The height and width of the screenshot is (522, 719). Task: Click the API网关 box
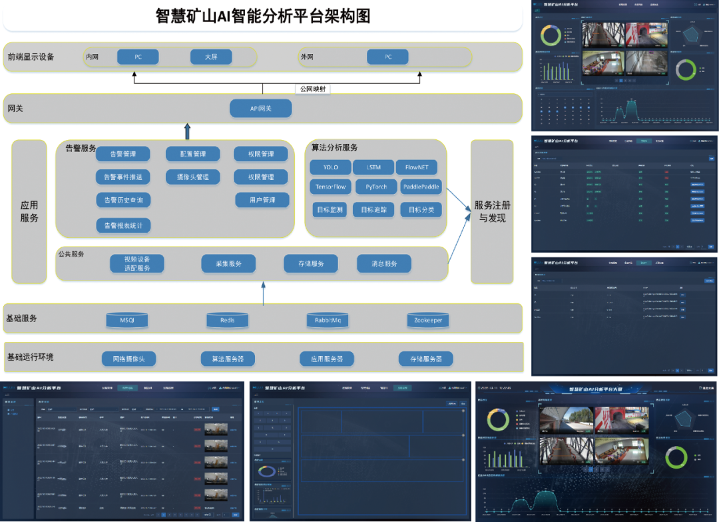(x=260, y=108)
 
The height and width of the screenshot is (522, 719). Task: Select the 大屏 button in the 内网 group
(x=210, y=57)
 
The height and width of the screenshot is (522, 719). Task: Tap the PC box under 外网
(x=387, y=57)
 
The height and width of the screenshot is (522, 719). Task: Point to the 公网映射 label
(x=312, y=89)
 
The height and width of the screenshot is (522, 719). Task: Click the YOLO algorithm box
(x=331, y=167)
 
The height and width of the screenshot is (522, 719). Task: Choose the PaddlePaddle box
(x=421, y=187)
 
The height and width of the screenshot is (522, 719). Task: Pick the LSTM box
(x=373, y=167)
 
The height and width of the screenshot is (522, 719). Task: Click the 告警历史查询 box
(x=123, y=200)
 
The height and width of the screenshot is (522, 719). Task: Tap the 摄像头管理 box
(x=192, y=177)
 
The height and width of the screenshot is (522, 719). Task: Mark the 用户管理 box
(x=262, y=200)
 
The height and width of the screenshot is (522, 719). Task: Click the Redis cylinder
(x=227, y=321)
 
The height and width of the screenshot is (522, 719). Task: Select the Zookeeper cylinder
(x=428, y=321)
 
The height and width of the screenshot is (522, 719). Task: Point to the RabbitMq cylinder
(x=327, y=321)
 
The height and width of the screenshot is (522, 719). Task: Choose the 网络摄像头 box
(x=128, y=359)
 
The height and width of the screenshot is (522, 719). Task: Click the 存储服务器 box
(x=425, y=359)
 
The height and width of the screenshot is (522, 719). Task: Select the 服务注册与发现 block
(x=492, y=211)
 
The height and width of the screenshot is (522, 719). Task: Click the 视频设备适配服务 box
(x=137, y=263)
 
